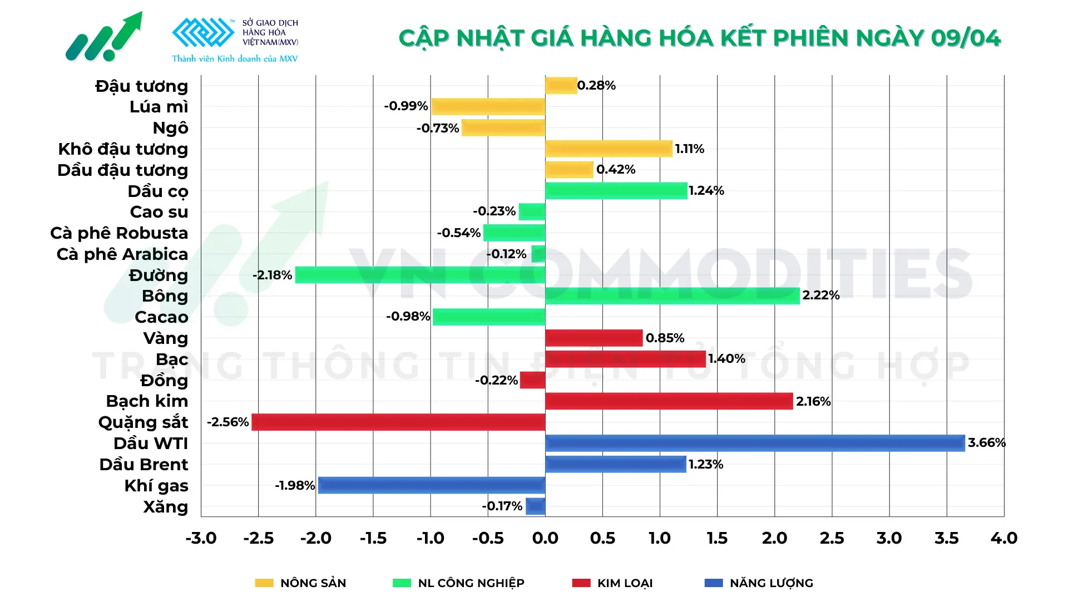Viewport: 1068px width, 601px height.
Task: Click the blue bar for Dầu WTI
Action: point(755,443)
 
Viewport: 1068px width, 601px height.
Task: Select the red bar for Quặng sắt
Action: point(398,422)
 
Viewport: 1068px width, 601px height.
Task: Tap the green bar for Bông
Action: point(672,295)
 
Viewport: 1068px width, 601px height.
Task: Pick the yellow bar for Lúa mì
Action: point(488,106)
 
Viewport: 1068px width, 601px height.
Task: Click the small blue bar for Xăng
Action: point(535,506)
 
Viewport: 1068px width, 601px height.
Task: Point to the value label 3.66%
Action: point(986,443)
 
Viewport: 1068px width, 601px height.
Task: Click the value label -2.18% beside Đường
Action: point(272,275)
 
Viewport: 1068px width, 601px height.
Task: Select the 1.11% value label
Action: point(689,149)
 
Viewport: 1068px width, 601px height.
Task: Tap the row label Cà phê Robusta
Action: point(119,233)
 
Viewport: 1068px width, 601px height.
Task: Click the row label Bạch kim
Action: point(147,401)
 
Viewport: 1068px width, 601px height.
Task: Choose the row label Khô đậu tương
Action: point(123,149)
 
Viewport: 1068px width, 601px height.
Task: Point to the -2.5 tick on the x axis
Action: point(258,538)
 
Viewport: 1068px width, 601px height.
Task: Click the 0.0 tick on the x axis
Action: point(545,538)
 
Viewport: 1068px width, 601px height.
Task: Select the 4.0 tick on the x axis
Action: point(1003,538)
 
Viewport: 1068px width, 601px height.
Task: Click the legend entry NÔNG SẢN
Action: point(313,583)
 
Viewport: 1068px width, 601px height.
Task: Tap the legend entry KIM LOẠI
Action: point(624,583)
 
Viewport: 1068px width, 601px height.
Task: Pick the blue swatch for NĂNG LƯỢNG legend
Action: point(713,583)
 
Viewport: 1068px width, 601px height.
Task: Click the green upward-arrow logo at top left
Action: point(104,37)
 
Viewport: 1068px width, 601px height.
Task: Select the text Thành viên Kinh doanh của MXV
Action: point(235,58)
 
